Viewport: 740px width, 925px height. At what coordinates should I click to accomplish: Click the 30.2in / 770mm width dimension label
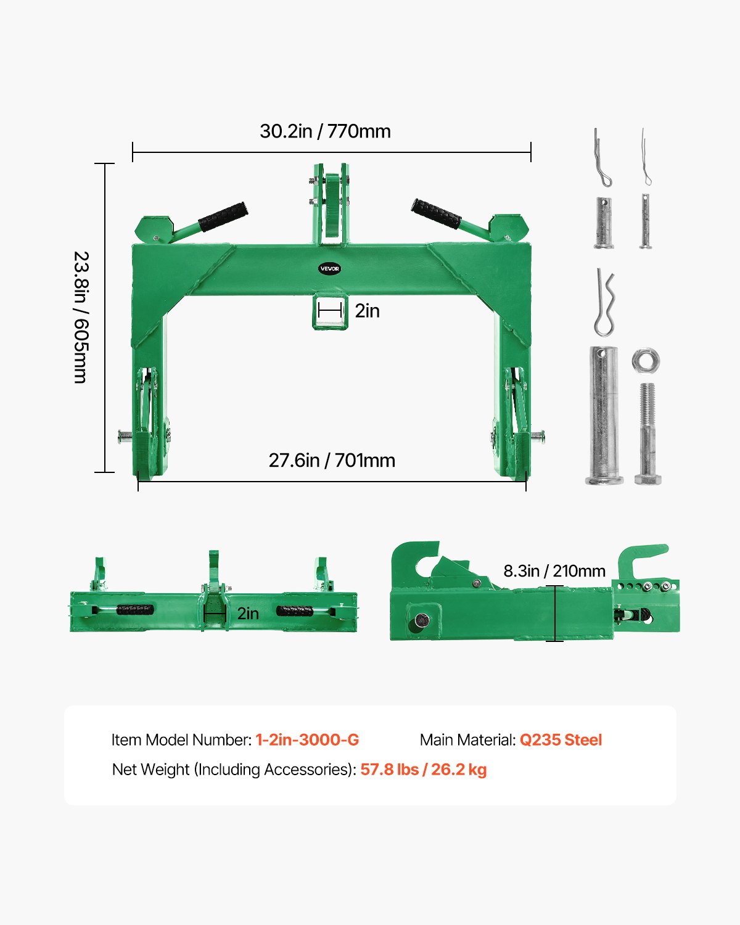[325, 131]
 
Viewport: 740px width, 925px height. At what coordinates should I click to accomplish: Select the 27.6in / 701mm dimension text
[332, 461]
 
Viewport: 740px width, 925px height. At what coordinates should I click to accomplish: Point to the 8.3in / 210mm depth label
[554, 571]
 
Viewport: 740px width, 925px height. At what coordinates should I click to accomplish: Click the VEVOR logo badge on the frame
[329, 269]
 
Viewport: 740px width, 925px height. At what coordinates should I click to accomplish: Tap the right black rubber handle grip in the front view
[437, 213]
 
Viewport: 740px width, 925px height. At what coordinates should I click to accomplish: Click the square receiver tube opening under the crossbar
[330, 311]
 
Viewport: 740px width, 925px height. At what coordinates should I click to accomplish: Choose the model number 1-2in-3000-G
[307, 740]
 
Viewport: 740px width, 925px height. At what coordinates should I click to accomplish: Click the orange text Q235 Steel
[561, 740]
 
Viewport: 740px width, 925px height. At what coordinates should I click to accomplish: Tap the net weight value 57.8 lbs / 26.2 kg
[424, 770]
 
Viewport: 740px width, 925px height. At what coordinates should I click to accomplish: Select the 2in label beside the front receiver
[367, 311]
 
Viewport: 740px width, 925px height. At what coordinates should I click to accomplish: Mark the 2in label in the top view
[248, 613]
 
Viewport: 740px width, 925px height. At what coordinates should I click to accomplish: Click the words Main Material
[467, 740]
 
